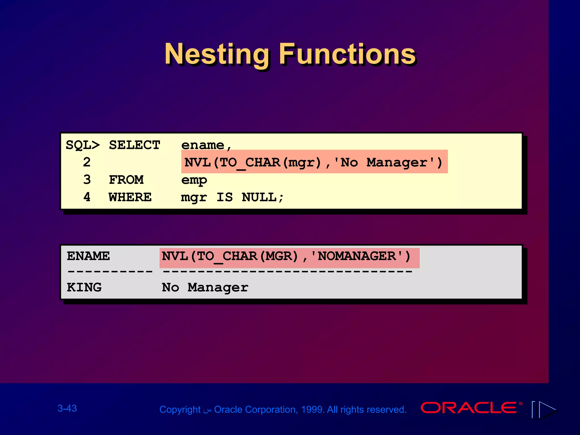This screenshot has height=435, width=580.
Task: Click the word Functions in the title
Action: click(x=347, y=54)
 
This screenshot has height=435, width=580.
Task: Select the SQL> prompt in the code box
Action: click(x=83, y=145)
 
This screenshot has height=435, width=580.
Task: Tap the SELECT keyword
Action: click(x=135, y=145)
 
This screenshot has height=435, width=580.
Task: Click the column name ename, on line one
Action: click(x=206, y=145)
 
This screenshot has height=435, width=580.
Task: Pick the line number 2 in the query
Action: click(x=87, y=162)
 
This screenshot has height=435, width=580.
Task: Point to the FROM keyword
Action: click(x=126, y=180)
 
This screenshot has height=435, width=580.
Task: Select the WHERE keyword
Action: click(x=130, y=197)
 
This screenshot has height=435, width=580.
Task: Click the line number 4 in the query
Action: click(x=87, y=197)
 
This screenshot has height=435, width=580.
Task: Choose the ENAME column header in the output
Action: click(x=88, y=256)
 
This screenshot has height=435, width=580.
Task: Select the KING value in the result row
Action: click(x=84, y=287)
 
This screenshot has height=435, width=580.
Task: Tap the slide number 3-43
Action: click(x=67, y=408)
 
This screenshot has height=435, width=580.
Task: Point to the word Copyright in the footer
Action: click(x=180, y=410)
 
